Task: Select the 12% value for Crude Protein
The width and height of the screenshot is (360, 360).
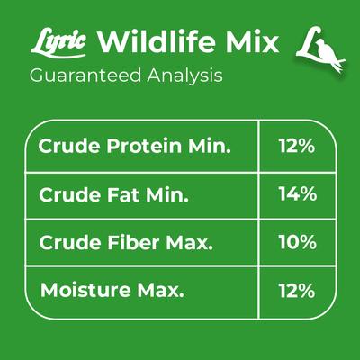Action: click(296, 146)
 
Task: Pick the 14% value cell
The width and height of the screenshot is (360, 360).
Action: click(296, 193)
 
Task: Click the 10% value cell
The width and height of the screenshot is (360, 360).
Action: click(296, 242)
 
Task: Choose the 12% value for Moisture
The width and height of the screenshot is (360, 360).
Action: click(296, 290)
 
